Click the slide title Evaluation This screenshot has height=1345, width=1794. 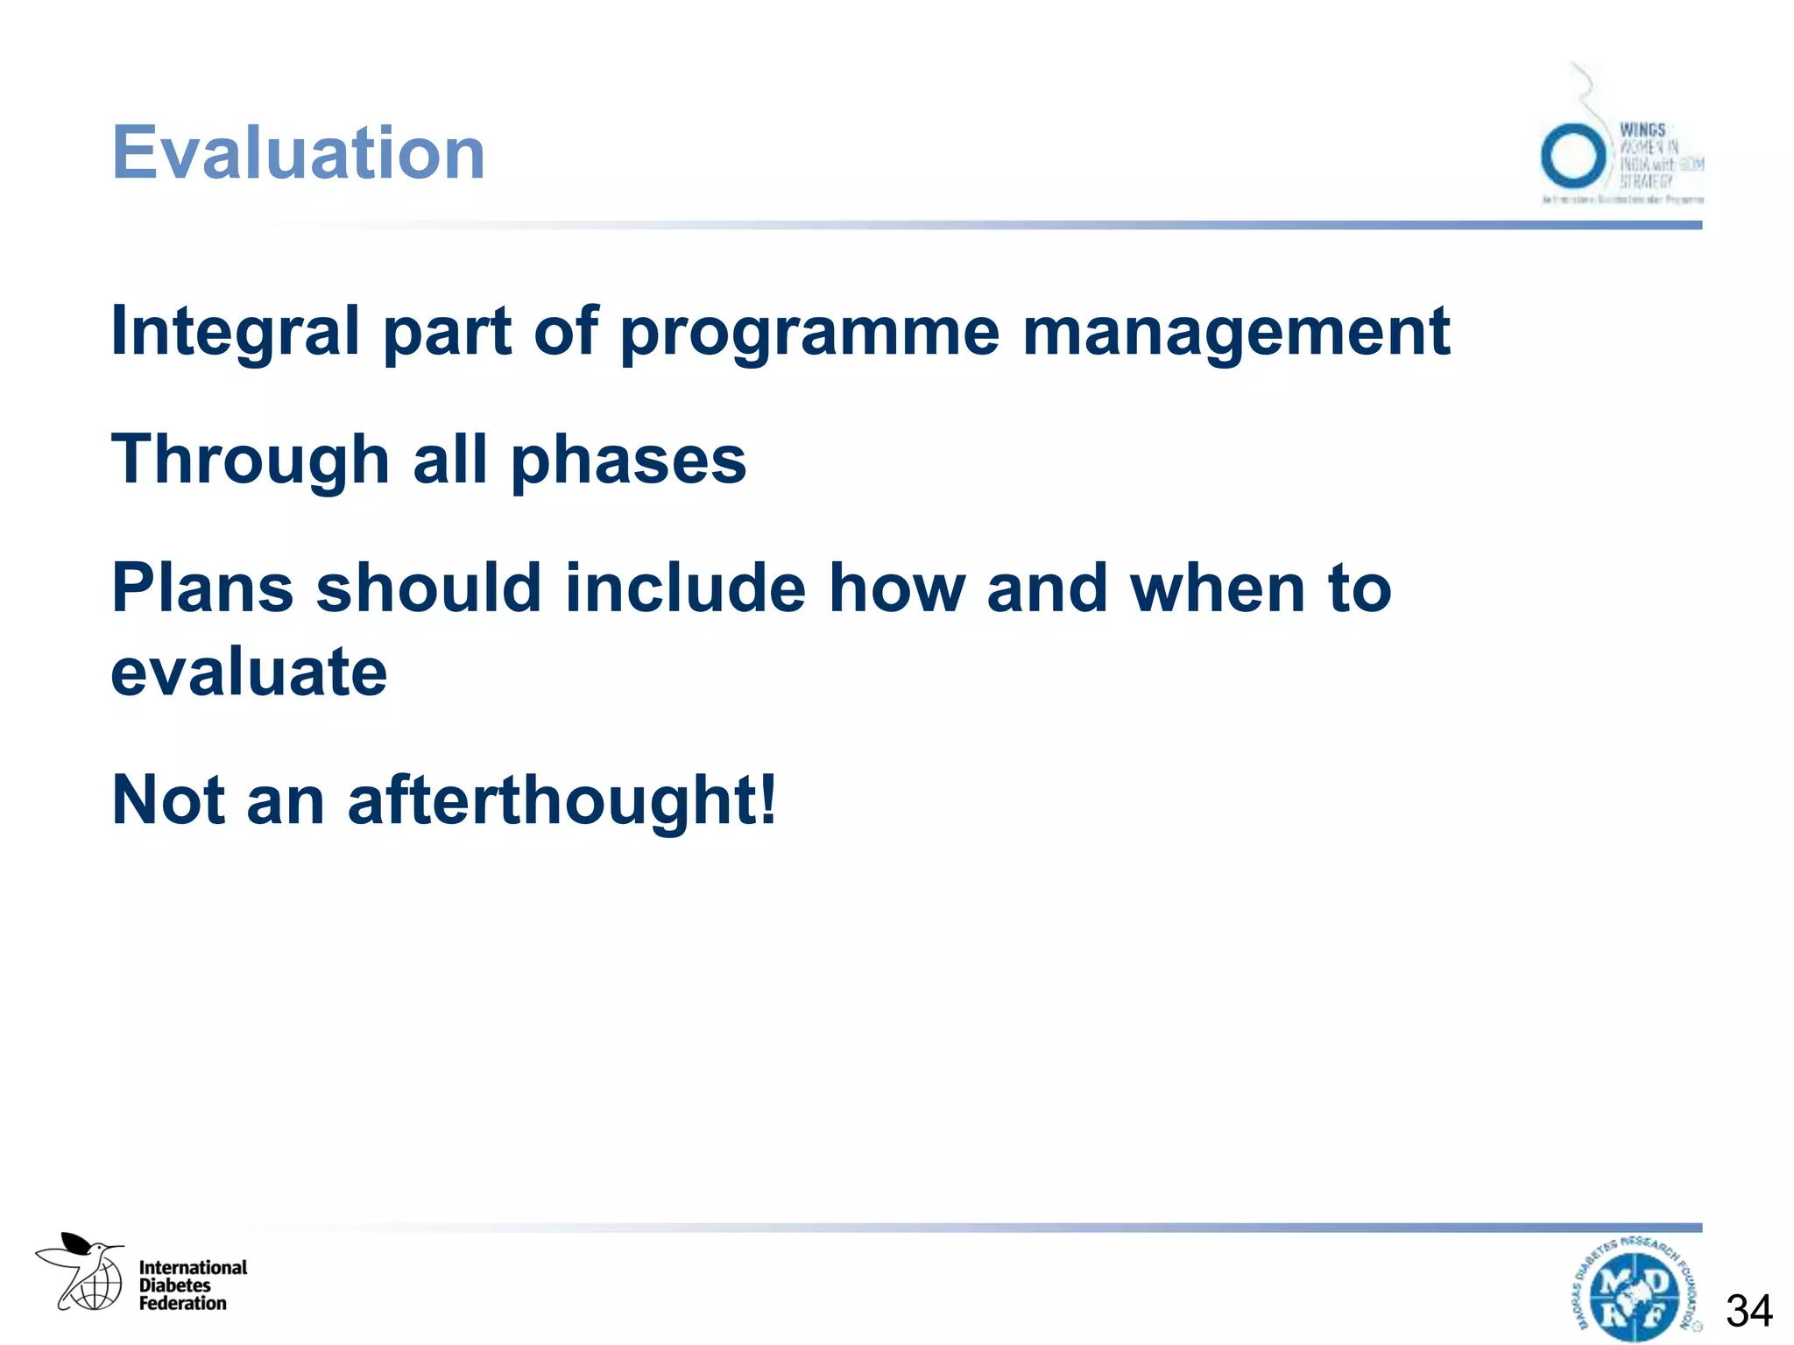298,153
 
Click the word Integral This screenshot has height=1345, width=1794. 235,332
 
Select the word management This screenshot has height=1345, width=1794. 1236,334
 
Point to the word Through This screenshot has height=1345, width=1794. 250,461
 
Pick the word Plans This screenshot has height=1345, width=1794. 202,588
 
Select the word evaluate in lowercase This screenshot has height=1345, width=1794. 249,672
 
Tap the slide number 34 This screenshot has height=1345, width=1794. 1748,1311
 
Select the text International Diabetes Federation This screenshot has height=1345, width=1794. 193,1285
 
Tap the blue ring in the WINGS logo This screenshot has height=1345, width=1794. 1573,156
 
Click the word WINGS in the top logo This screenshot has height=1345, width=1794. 1642,130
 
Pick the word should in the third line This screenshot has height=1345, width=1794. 428,588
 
